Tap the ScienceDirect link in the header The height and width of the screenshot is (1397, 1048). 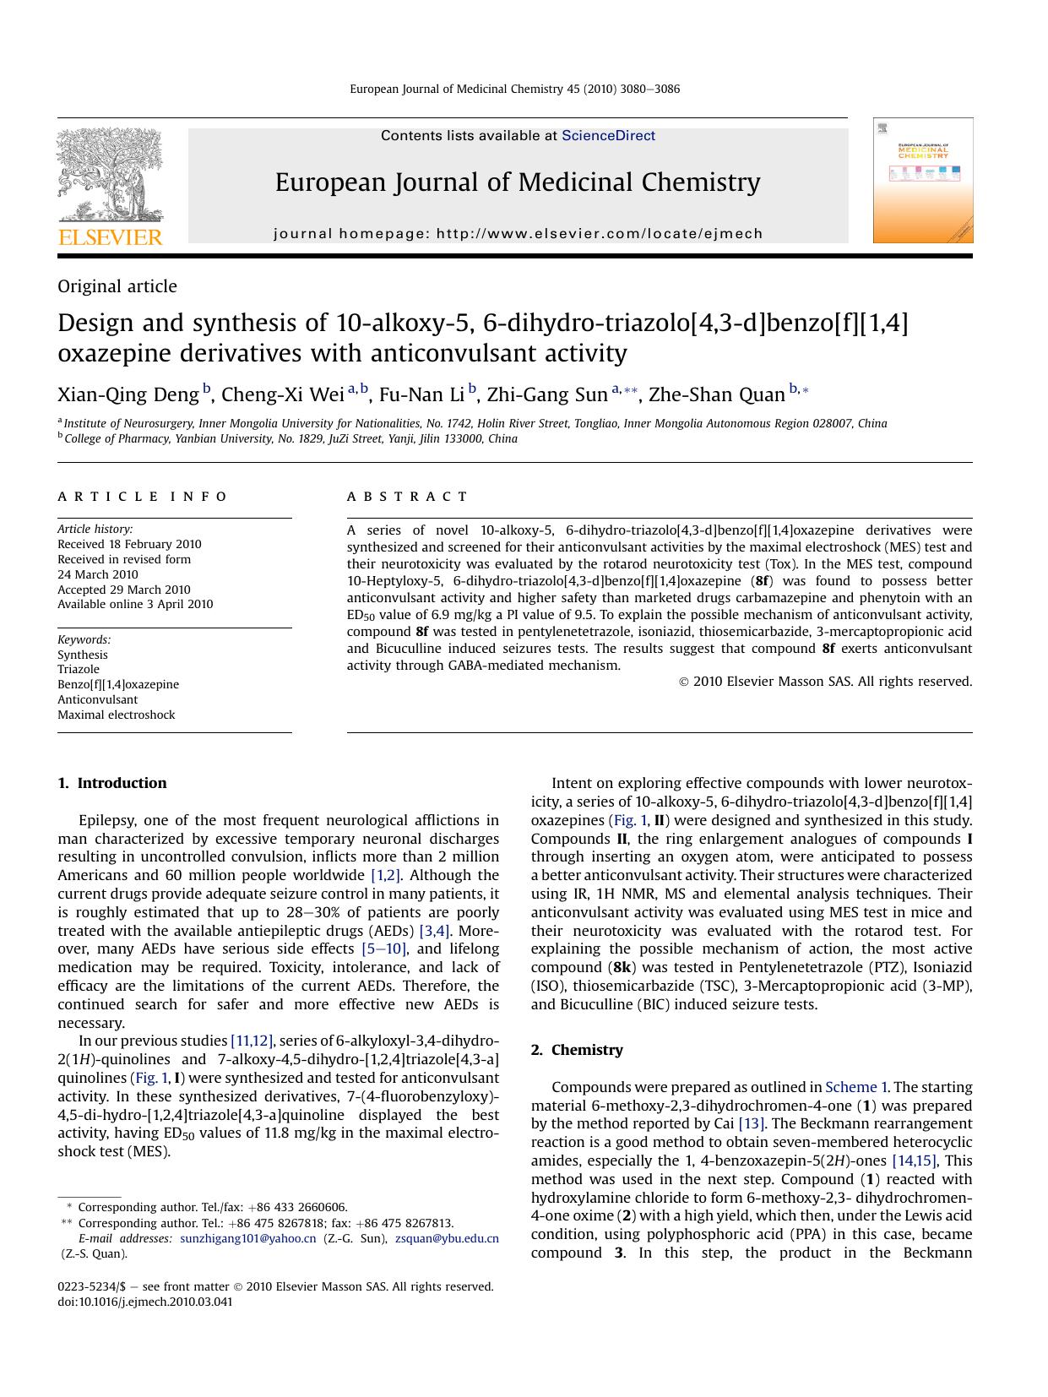(x=608, y=135)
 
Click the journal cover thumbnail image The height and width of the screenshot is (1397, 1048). (x=922, y=181)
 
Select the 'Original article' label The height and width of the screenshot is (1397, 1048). (x=117, y=286)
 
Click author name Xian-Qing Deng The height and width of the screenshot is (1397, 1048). (x=128, y=394)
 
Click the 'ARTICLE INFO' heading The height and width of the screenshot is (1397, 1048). (x=142, y=497)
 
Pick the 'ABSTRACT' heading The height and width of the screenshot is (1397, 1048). (x=407, y=497)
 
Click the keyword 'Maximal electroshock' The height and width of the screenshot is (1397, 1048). (x=117, y=715)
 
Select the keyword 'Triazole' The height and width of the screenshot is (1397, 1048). (x=79, y=669)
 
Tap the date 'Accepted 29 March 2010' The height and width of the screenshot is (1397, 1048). (x=124, y=590)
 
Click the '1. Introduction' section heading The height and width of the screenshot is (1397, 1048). (x=112, y=783)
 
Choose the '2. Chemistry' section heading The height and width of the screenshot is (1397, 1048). (x=577, y=1050)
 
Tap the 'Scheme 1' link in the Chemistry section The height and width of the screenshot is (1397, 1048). (x=855, y=1087)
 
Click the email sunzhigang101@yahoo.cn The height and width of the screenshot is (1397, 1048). (x=248, y=1238)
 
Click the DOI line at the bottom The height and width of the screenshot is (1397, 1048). (x=145, y=1302)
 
